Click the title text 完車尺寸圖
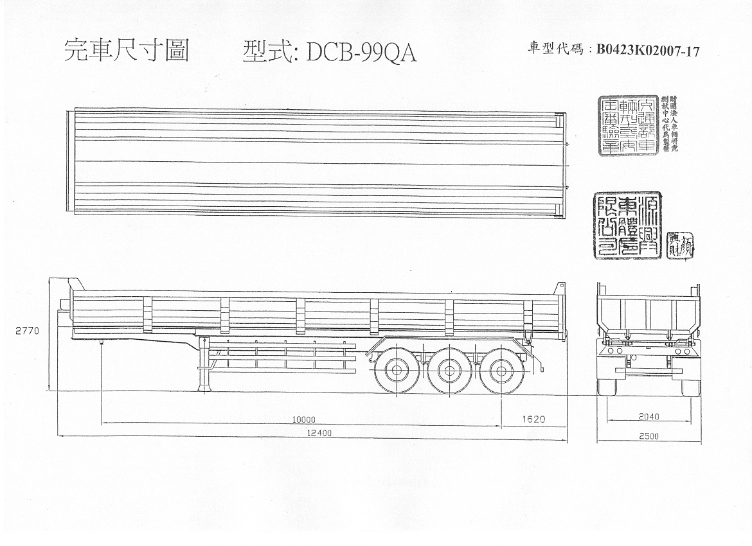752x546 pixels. [x=126, y=51]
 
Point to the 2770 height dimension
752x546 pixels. [x=28, y=331]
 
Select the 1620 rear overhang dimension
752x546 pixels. [x=533, y=419]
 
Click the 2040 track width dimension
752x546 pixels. [x=649, y=416]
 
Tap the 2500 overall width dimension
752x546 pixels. [x=649, y=437]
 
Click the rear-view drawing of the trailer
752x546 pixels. [x=648, y=339]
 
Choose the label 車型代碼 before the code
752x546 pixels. [x=556, y=51]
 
